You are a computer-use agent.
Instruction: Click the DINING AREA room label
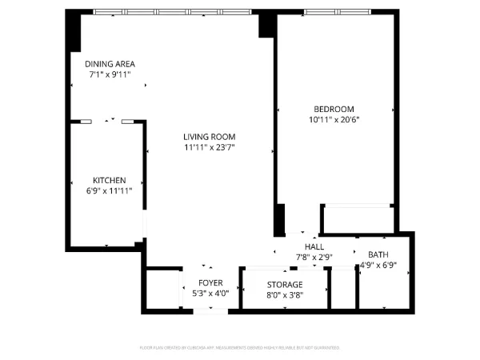tap(110, 64)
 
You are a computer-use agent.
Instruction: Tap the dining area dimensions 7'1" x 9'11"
tap(110, 74)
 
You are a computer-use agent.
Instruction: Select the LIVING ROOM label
tap(210, 137)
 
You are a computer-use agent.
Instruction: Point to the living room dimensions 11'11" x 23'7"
tap(210, 147)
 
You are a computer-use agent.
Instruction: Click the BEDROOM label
tap(334, 109)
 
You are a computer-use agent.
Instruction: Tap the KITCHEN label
tap(109, 180)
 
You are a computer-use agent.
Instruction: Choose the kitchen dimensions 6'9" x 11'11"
tap(109, 190)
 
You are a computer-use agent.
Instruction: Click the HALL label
tap(314, 247)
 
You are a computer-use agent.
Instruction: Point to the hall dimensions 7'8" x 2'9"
tap(314, 257)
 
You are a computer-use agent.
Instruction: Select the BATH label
tap(378, 255)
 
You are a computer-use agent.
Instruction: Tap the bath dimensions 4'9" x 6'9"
tap(378, 265)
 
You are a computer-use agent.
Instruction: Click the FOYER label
tap(211, 283)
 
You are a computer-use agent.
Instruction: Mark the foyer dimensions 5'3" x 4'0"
tap(211, 294)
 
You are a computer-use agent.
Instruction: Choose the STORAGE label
tap(285, 285)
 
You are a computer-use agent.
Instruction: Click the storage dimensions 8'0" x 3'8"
tap(285, 294)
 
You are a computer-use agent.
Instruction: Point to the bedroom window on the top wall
tap(337, 12)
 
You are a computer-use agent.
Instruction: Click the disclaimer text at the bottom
tap(240, 348)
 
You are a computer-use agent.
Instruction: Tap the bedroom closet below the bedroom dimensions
tap(358, 218)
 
